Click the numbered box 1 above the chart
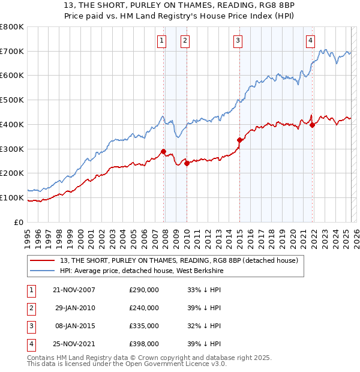click(x=162, y=41)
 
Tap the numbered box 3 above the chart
click(x=238, y=41)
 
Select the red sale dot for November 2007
click(x=164, y=151)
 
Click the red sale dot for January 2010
click(x=187, y=163)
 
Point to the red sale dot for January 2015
click(x=239, y=140)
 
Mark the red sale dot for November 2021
click(x=313, y=125)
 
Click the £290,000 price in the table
click(x=144, y=290)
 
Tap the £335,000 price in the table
click(x=144, y=326)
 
